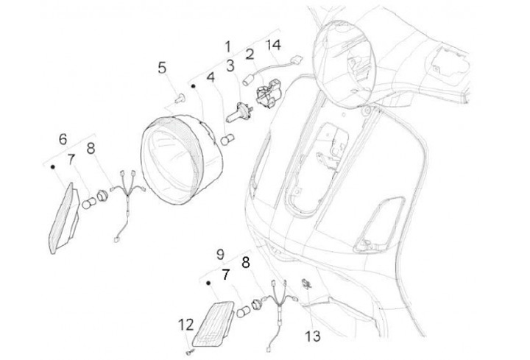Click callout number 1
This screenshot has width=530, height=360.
pyautogui.click(x=228, y=46)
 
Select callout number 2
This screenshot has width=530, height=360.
pyautogui.click(x=250, y=54)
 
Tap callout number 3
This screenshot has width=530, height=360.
pyautogui.click(x=230, y=66)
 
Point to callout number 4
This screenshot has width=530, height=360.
pyautogui.click(x=211, y=77)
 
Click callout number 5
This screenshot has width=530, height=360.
pyautogui.click(x=162, y=68)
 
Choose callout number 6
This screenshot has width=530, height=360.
pyautogui.click(x=63, y=139)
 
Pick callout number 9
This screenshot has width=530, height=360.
pyautogui.click(x=220, y=254)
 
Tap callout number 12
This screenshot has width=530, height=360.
pyautogui.click(x=186, y=325)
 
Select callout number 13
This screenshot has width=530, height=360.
pyautogui.click(x=312, y=336)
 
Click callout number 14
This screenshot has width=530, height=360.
pyautogui.click(x=273, y=45)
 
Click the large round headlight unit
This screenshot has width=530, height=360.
pyautogui.click(x=182, y=160)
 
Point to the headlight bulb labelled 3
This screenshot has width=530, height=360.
pyautogui.click(x=239, y=112)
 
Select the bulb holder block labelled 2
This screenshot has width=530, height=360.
pyautogui.click(x=269, y=93)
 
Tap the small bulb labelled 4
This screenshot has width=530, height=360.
pyautogui.click(x=227, y=138)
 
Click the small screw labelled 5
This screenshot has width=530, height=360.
pyautogui.click(x=180, y=98)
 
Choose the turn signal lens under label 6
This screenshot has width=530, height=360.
pyautogui.click(x=63, y=219)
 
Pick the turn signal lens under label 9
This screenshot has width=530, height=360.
pyautogui.click(x=213, y=324)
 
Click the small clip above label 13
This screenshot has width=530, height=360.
pyautogui.click(x=307, y=284)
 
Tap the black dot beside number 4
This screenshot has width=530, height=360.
pyautogui.click(x=194, y=86)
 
